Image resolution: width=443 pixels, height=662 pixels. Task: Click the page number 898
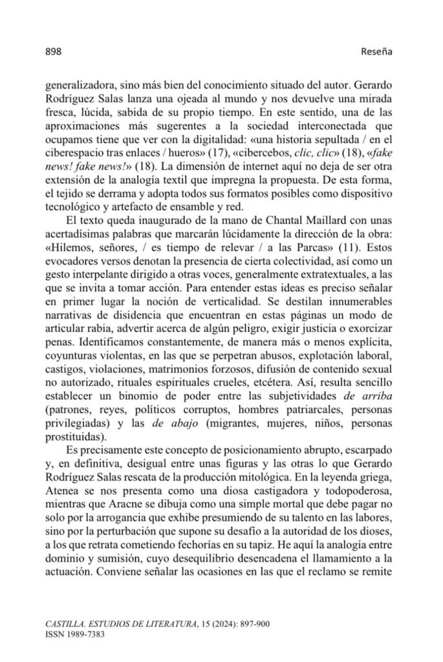point(52,52)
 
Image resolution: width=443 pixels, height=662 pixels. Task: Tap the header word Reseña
point(376,52)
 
